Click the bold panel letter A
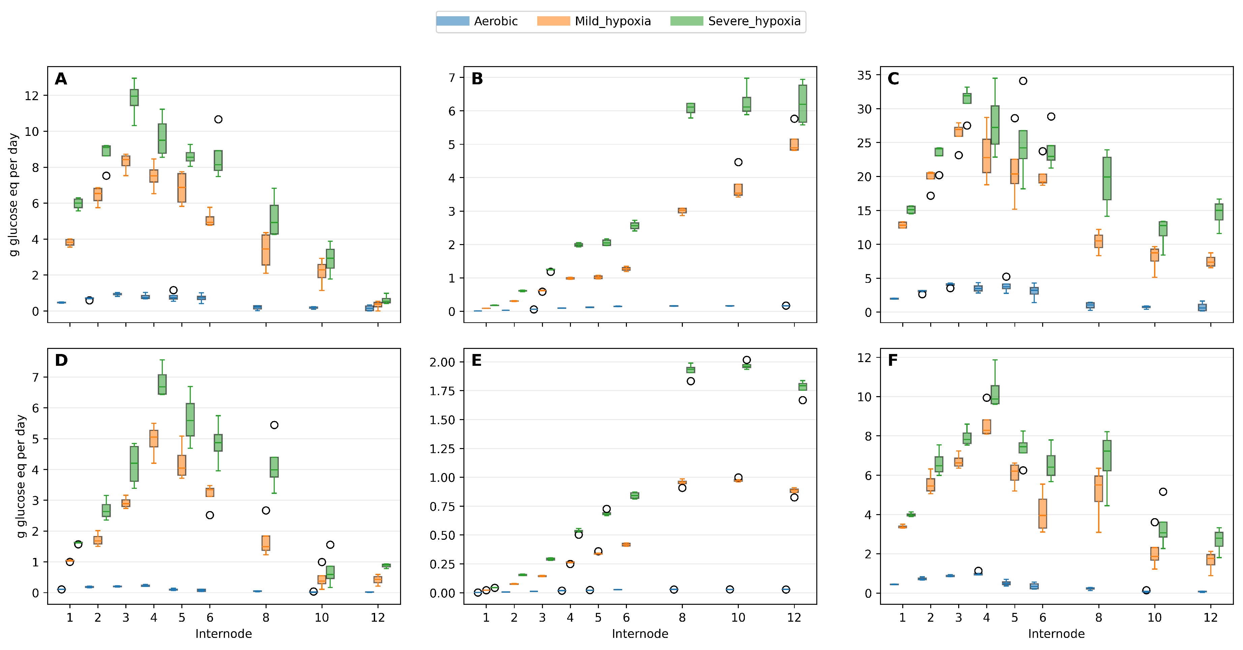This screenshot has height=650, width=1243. click(x=61, y=79)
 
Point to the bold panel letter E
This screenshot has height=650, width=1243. click(x=476, y=360)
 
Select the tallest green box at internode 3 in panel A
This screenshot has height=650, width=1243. click(x=134, y=97)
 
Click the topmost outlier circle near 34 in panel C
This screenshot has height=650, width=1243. click(x=1023, y=81)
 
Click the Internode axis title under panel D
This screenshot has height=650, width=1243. click(x=223, y=633)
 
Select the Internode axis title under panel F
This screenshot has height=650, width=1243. click(x=1056, y=633)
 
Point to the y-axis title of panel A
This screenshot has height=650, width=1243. click(x=14, y=195)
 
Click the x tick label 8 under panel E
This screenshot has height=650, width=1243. click(x=682, y=618)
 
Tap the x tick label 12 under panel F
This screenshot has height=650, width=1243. click(x=1210, y=618)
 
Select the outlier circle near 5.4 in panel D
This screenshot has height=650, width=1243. click(x=274, y=425)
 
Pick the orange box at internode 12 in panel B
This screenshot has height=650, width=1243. click(x=794, y=145)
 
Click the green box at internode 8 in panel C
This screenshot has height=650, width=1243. click(x=1107, y=179)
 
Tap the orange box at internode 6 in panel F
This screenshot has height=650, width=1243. click(x=1042, y=513)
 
